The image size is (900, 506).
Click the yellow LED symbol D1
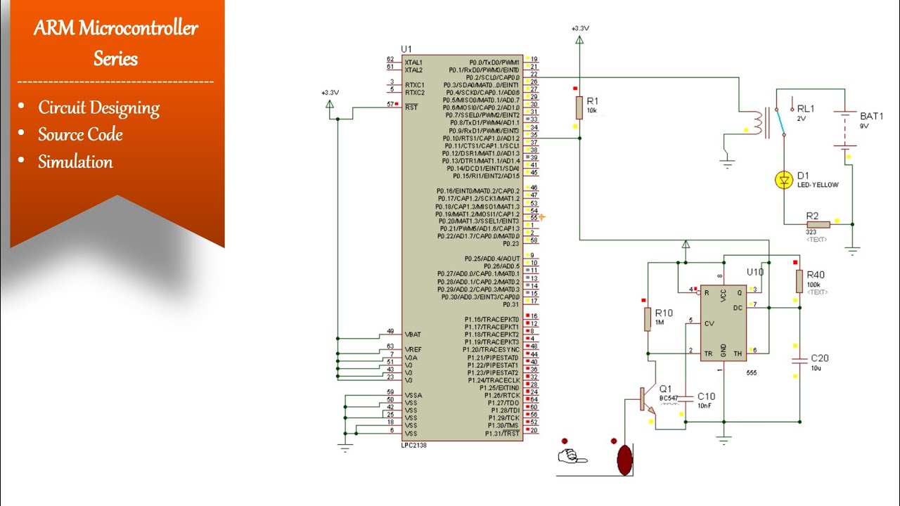[x=783, y=181]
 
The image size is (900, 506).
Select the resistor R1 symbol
[x=579, y=108]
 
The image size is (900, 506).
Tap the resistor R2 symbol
[x=818, y=224]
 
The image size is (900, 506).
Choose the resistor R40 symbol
[x=799, y=281]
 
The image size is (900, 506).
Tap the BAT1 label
[x=872, y=117]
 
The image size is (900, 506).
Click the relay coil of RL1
[x=757, y=122]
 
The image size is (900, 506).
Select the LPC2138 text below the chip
[x=413, y=446]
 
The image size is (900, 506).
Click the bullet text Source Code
[x=80, y=134]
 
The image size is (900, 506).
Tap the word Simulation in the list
[x=75, y=162]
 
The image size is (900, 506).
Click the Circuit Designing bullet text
[x=98, y=108]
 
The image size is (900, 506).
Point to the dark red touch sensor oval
[x=624, y=458]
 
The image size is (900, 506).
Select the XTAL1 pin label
[x=413, y=63]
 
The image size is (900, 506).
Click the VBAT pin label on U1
[x=413, y=334]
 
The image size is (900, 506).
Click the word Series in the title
[x=115, y=58]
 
